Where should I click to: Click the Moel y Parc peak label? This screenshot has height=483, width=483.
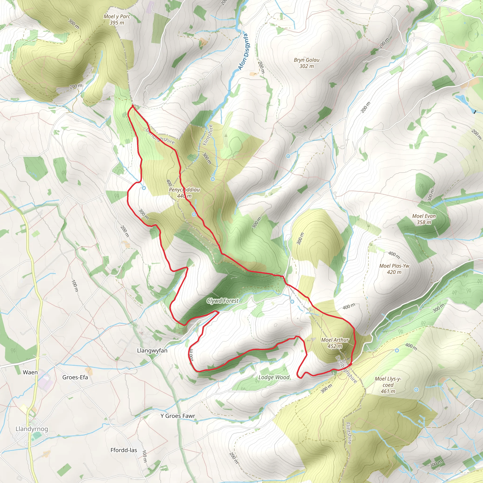click(x=117, y=20)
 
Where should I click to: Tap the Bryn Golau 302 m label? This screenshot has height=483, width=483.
click(x=307, y=63)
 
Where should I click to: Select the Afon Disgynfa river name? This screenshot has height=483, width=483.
click(x=243, y=52)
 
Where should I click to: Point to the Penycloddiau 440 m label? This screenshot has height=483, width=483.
click(x=184, y=193)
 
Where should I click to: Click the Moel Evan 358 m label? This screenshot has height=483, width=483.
click(x=424, y=219)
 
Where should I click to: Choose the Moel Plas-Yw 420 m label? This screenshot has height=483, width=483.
click(x=394, y=269)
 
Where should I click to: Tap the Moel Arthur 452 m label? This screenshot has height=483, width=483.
click(x=335, y=343)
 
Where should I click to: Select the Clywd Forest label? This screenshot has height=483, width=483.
click(x=222, y=301)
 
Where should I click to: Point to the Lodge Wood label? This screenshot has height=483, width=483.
click(x=274, y=377)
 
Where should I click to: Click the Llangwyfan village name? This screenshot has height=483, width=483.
click(x=152, y=350)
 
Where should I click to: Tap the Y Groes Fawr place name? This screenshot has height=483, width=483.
click(x=178, y=416)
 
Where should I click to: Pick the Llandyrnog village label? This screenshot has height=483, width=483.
click(x=32, y=429)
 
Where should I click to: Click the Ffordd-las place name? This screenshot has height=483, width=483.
click(x=124, y=450)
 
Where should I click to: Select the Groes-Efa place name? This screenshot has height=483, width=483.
click(x=75, y=377)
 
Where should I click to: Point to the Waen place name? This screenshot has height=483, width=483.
click(x=30, y=372)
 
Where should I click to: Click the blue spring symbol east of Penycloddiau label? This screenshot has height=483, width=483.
click(x=212, y=179)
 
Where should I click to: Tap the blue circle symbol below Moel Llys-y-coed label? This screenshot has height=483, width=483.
click(x=416, y=390)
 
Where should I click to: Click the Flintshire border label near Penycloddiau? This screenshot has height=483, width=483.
click(x=208, y=135)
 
